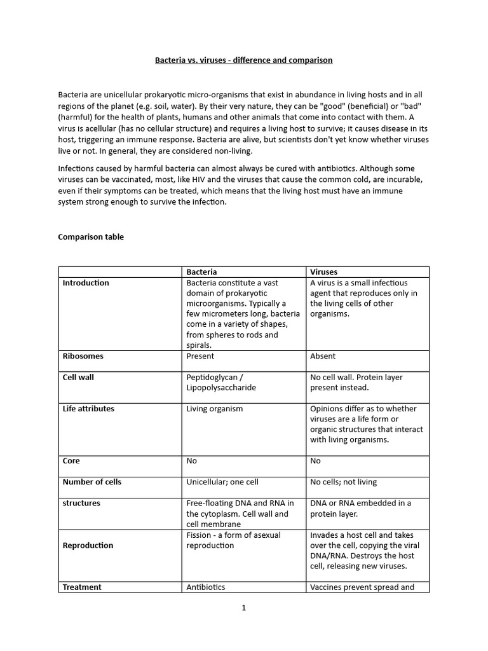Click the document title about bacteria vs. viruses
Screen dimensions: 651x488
tap(244, 60)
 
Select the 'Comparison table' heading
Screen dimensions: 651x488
tap(91, 237)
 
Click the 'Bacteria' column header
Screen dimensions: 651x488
tap(201, 271)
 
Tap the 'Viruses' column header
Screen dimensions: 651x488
tap(323, 271)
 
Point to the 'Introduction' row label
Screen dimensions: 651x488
tap(86, 283)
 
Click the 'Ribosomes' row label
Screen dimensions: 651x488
tap(83, 356)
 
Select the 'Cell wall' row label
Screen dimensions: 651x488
tap(78, 377)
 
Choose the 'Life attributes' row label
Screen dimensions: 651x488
tap(88, 409)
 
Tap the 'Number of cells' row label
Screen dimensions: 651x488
tap(91, 482)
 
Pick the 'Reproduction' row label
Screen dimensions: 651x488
tap(88, 545)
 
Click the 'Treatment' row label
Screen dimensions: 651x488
tap(82, 587)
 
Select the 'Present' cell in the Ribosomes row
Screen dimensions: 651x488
tap(200, 356)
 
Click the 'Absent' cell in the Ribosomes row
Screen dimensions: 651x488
tap(323, 356)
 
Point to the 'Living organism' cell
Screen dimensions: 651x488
tap(214, 409)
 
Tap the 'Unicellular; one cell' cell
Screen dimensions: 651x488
tap(222, 482)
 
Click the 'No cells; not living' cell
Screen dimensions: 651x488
tap(345, 482)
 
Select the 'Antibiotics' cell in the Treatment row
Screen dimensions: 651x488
tap(206, 587)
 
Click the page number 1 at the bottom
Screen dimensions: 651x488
tap(243, 608)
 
